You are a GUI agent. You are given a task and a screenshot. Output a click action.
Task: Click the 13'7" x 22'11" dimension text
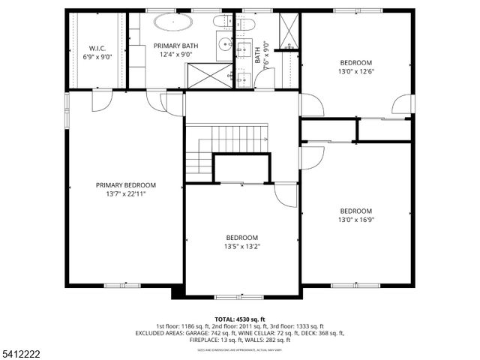[x=125, y=193]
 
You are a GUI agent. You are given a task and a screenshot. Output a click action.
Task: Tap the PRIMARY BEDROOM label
[x=125, y=185]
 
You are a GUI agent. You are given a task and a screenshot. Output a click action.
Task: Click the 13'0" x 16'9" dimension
[x=355, y=220]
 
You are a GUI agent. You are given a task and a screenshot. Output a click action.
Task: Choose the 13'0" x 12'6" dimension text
[x=355, y=72]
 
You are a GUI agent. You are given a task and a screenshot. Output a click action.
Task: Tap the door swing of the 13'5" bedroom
[x=286, y=194]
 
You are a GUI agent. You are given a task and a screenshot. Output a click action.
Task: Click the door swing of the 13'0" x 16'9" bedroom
[x=311, y=157]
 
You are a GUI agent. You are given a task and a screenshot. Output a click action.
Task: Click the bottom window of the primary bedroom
[x=121, y=285]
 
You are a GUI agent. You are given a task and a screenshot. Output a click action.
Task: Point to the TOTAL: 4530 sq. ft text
[x=239, y=319]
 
